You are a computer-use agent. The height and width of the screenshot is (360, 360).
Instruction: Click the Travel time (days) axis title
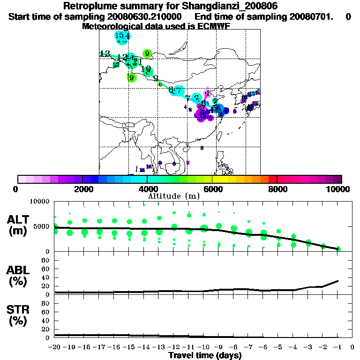pos(205,355)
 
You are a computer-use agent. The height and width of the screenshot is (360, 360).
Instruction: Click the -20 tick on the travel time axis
pos(55,347)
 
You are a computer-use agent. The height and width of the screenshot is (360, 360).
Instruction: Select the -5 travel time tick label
pos(278,347)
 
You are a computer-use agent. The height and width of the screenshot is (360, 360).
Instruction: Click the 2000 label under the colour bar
pos(82,189)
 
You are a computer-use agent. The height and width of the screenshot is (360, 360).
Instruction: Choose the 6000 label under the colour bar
pos(212,189)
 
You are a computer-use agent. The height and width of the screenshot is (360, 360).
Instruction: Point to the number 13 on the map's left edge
pos(105,53)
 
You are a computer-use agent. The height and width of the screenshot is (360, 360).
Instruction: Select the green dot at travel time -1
pos(338,249)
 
